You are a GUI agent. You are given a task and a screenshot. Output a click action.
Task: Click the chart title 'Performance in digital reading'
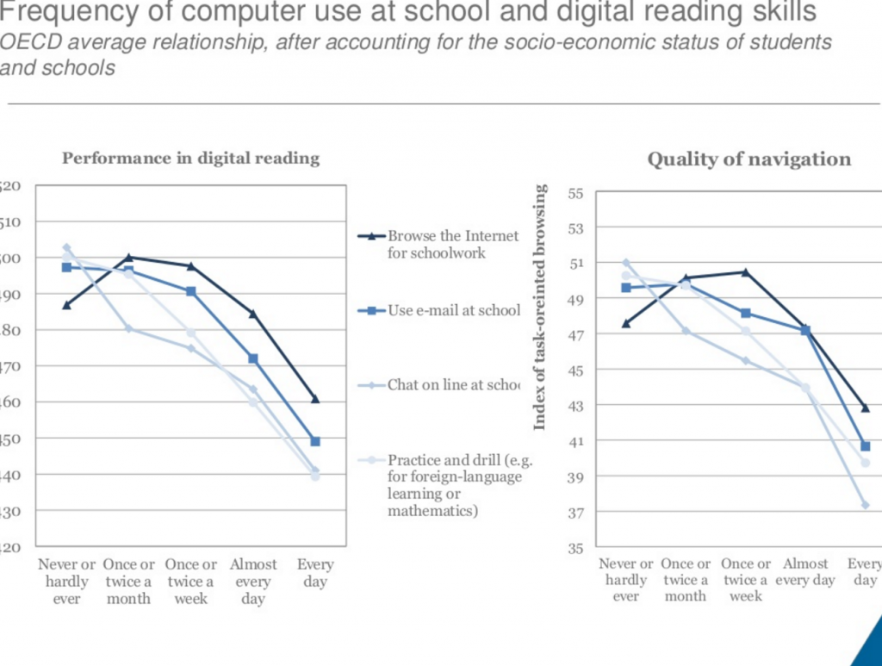pyautogui.click(x=190, y=159)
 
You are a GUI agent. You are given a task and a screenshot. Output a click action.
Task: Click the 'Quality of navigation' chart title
pyautogui.click(x=748, y=159)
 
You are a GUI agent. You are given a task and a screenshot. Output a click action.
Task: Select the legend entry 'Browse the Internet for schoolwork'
pyautogui.click(x=453, y=244)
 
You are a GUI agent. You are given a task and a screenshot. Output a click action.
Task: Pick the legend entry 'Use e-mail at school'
pyautogui.click(x=453, y=310)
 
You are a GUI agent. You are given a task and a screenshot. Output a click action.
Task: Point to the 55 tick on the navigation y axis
pyautogui.click(x=576, y=194)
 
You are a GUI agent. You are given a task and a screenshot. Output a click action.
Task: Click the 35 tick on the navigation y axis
pyautogui.click(x=576, y=547)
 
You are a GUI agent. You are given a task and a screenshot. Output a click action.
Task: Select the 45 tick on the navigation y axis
pyautogui.click(x=576, y=370)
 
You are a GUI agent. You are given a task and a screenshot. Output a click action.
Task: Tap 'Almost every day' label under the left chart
pyautogui.click(x=253, y=582)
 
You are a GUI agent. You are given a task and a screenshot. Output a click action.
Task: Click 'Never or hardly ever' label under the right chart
pyautogui.click(x=626, y=580)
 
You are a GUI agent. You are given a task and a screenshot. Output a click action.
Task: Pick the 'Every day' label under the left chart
pyautogui.click(x=315, y=573)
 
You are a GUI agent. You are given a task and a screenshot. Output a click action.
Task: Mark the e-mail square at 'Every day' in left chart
pyautogui.click(x=315, y=441)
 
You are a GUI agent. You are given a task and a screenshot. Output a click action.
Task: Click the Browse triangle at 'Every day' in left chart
pyautogui.click(x=315, y=399)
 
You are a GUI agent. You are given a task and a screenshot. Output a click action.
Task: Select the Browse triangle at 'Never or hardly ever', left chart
pyautogui.click(x=66, y=305)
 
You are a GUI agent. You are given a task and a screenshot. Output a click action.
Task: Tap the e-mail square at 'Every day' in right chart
pyautogui.click(x=866, y=446)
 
